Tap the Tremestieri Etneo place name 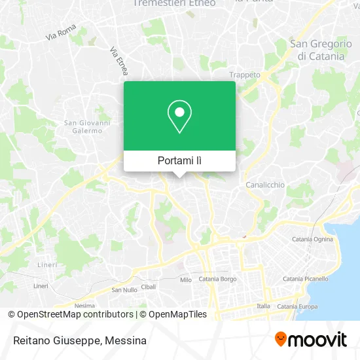tap(173, 3)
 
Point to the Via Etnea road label tap(118, 60)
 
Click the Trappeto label tap(245, 75)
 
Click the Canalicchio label tap(265, 185)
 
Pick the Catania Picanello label tap(305, 278)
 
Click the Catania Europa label tap(297, 306)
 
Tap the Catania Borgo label tap(217, 279)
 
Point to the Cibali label tap(149, 287)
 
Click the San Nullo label tap(124, 290)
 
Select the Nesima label tap(84, 306)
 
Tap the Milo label tap(185, 279)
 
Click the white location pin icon tap(179, 117)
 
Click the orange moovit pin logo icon tap(281, 339)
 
